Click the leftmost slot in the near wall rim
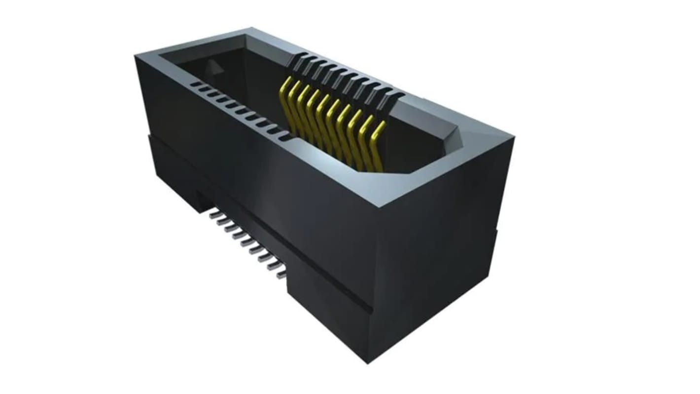[x=195, y=84]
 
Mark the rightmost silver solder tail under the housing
[x=281, y=275]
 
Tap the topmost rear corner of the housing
[x=252, y=28]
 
